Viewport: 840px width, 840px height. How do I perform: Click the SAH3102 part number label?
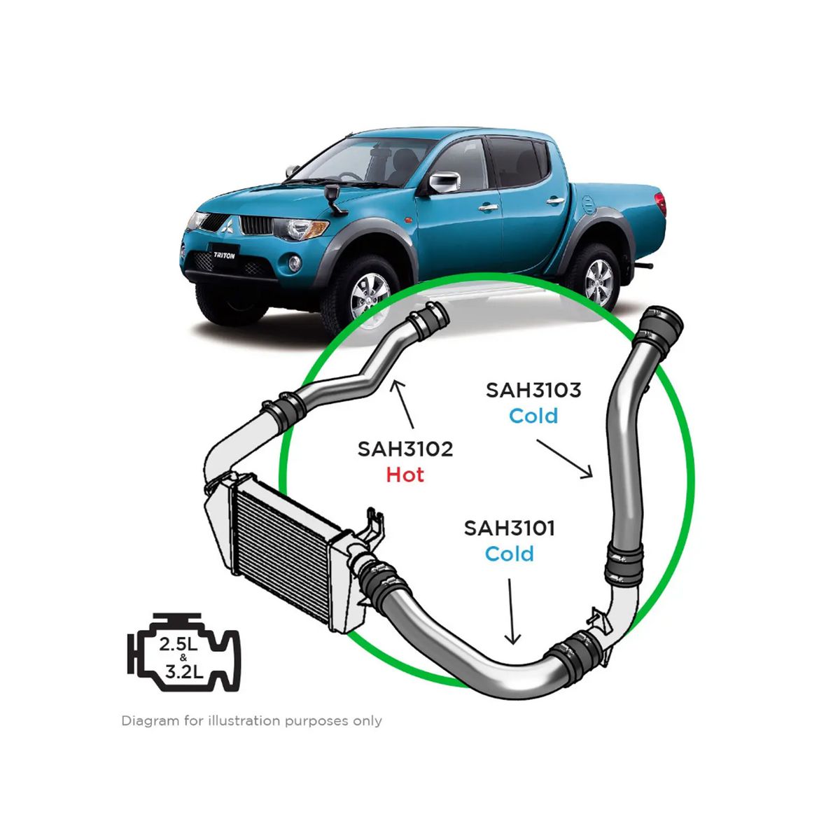click(x=405, y=449)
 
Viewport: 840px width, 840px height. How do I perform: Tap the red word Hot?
click(x=405, y=475)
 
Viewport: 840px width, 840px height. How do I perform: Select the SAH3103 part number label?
click(x=533, y=390)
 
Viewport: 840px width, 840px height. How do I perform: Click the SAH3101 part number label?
click(x=509, y=528)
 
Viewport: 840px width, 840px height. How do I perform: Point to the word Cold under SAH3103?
click(x=533, y=416)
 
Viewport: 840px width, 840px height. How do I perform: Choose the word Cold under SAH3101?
click(x=509, y=554)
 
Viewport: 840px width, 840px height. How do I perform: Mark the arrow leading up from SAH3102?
click(x=404, y=404)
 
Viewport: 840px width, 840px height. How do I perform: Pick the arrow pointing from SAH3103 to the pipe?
click(x=564, y=459)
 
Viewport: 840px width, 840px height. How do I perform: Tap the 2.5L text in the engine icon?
click(x=178, y=645)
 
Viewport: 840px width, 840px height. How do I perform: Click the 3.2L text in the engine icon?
click(x=184, y=672)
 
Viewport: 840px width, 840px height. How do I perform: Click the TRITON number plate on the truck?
click(x=224, y=255)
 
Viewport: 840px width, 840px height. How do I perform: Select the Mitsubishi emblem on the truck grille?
click(x=227, y=226)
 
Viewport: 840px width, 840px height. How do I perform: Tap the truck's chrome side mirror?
click(x=444, y=182)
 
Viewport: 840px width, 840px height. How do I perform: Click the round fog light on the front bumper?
click(x=295, y=263)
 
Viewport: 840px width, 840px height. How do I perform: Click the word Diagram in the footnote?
click(x=150, y=721)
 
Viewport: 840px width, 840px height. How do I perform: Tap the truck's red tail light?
click(x=661, y=204)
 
